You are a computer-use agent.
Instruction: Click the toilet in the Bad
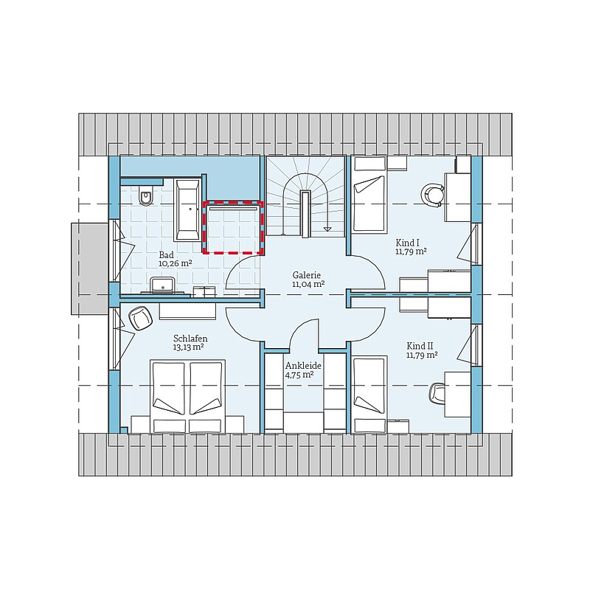pos(145,195)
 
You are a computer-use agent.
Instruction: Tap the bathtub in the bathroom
pos(187,210)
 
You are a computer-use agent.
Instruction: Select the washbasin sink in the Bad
pos(162,285)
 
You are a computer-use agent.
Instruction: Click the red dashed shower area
pos(233,228)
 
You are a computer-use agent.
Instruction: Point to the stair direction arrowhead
pos(327,228)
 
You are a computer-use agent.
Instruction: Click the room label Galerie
pos(307,275)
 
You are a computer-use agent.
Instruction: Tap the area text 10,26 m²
pos(176,263)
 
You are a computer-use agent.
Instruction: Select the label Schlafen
pos(190,339)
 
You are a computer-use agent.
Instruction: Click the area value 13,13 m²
pos(188,347)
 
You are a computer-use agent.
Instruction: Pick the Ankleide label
pos(303,366)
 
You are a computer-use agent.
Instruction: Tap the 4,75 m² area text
pos(299,375)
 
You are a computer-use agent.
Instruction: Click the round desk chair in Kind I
pos(432,195)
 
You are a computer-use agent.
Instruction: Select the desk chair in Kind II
pos(437,395)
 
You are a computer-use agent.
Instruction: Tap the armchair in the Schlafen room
pos(140,318)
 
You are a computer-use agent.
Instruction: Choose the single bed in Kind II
pos(370,395)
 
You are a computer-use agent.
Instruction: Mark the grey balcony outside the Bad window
pos(89,268)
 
